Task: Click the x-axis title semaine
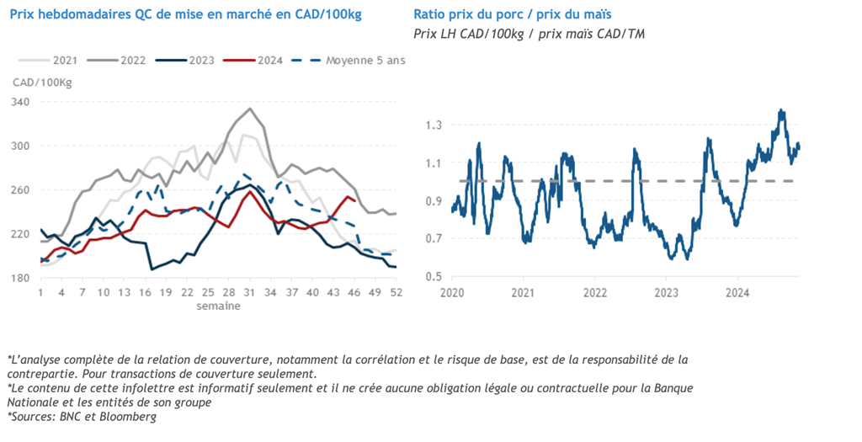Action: [x=219, y=306]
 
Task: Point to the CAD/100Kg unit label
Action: [x=42, y=82]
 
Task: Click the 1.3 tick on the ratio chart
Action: [x=434, y=125]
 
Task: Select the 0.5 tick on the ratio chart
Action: [x=434, y=277]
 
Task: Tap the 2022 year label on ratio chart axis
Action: [x=595, y=293]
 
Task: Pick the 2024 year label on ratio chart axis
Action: [x=738, y=293]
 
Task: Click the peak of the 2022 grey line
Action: [x=250, y=109]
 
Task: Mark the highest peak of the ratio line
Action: [x=781, y=110]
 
